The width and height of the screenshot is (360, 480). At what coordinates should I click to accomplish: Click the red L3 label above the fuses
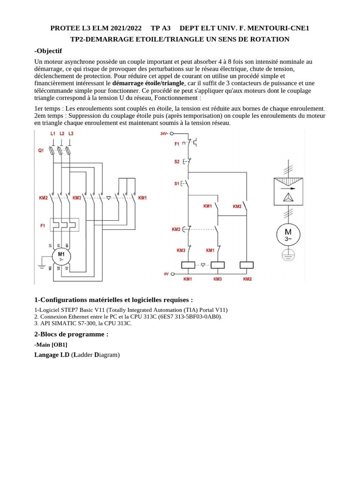pyautogui.click(x=71, y=134)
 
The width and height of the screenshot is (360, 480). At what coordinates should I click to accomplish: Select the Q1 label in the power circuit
pyautogui.click(x=41, y=150)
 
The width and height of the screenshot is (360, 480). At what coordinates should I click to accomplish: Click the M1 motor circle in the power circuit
pyautogui.click(x=61, y=256)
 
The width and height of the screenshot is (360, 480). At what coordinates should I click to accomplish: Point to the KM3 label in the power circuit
pyautogui.click(x=77, y=198)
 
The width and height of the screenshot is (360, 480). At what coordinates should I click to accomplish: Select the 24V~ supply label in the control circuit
pyautogui.click(x=164, y=134)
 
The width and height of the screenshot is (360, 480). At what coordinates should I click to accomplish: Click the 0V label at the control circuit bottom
pyautogui.click(x=166, y=274)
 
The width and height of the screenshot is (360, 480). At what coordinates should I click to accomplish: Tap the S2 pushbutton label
pyautogui.click(x=177, y=161)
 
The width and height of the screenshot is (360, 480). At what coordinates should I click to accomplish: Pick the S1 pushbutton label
pyautogui.click(x=177, y=184)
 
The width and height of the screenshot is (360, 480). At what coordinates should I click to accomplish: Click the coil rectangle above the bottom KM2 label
pyautogui.click(x=247, y=264)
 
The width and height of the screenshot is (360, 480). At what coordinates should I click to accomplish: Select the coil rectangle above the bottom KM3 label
pyautogui.click(x=217, y=264)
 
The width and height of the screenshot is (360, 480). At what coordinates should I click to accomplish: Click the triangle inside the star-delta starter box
pyautogui.click(x=288, y=197)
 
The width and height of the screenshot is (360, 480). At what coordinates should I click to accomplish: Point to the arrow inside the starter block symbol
pyautogui.click(x=288, y=187)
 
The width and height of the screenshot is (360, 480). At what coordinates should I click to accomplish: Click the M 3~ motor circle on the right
pyautogui.click(x=288, y=234)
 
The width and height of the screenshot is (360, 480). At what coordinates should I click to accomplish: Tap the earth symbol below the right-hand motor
pyautogui.click(x=288, y=255)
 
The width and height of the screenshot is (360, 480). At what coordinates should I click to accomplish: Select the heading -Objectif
pyautogui.click(x=48, y=51)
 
